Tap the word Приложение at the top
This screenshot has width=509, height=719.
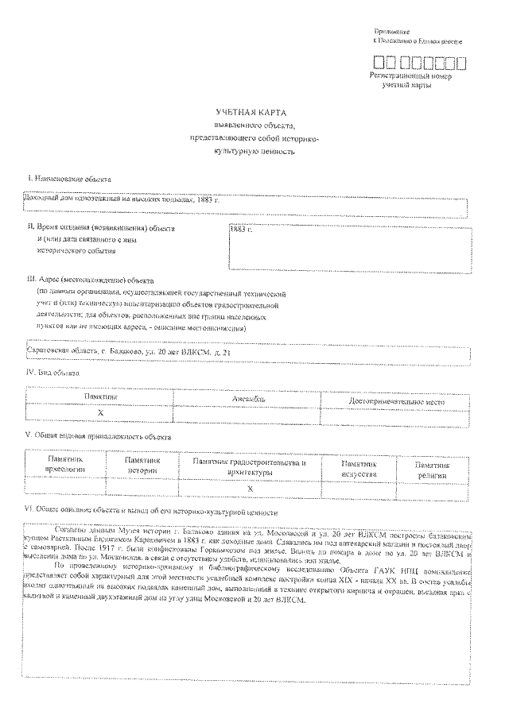[x=392, y=29]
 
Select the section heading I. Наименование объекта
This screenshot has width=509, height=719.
[x=69, y=180]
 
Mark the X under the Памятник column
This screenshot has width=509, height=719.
[x=101, y=413]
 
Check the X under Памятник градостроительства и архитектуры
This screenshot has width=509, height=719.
[x=250, y=488]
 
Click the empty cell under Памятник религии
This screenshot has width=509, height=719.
[x=433, y=488]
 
